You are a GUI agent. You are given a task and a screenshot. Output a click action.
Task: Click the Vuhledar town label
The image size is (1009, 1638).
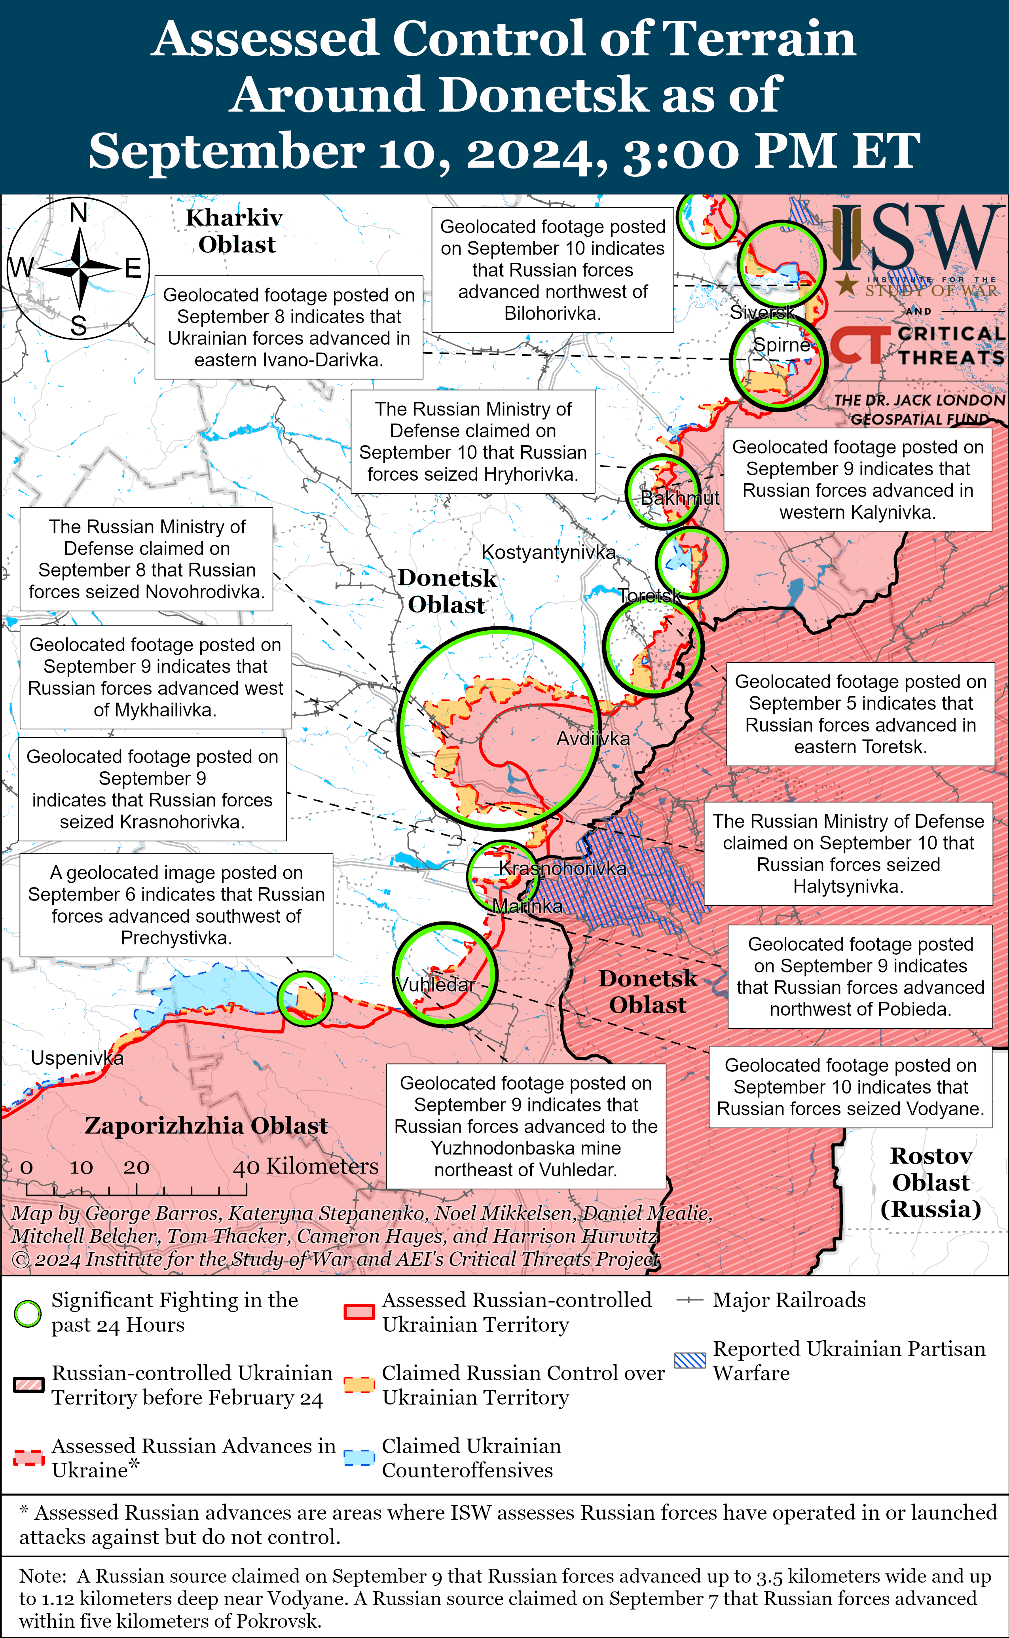tap(435, 984)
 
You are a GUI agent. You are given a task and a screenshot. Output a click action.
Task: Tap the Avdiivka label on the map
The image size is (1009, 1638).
tap(593, 739)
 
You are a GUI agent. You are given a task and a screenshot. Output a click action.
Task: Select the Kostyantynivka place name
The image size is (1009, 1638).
tap(548, 552)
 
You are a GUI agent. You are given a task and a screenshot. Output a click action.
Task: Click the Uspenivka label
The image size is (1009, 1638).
tap(77, 1058)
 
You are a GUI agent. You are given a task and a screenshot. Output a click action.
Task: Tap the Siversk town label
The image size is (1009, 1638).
tap(761, 312)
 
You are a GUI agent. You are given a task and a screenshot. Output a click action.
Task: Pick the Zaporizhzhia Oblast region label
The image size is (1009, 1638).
tap(206, 1126)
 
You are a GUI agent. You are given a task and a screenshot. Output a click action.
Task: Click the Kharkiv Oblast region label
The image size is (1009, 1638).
tap(235, 231)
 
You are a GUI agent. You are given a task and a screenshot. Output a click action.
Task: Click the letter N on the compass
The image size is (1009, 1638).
tap(79, 213)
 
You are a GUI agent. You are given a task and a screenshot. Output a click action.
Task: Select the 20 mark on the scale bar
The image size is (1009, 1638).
tap(136, 1167)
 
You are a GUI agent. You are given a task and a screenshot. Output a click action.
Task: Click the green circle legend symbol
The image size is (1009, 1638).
tap(28, 1314)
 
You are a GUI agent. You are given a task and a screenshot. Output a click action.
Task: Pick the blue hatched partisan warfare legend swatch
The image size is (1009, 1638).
tap(689, 1360)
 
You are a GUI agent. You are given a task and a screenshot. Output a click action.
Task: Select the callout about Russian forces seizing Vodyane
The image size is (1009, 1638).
tap(850, 1087)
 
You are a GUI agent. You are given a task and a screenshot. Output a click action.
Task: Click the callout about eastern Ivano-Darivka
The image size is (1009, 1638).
tap(288, 327)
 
